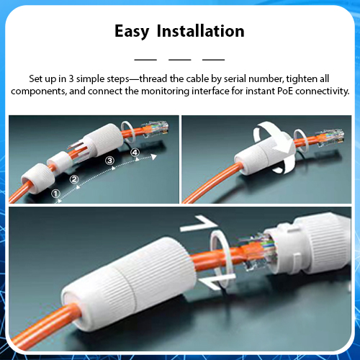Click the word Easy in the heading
(132, 32)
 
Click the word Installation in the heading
(201, 31)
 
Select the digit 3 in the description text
(71, 78)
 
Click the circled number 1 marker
(55, 194)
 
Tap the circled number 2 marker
(74, 179)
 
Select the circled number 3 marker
(109, 161)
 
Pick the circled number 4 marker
(135, 153)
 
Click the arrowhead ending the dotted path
(154, 157)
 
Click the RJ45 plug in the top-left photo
(156, 129)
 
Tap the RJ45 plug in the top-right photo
(330, 138)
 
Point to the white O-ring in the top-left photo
(122, 131)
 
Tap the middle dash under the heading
(180, 60)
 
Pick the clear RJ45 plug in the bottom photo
(258, 252)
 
